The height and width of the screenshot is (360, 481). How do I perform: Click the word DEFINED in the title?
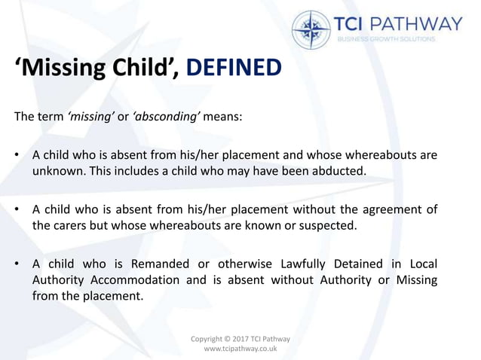point(233,69)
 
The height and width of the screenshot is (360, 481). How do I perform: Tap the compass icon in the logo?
point(311,30)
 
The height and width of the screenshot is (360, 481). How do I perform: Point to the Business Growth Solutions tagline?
point(385,39)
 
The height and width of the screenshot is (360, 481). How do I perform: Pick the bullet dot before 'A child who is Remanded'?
point(16,264)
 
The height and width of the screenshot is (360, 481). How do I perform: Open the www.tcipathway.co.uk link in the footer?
point(240,350)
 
